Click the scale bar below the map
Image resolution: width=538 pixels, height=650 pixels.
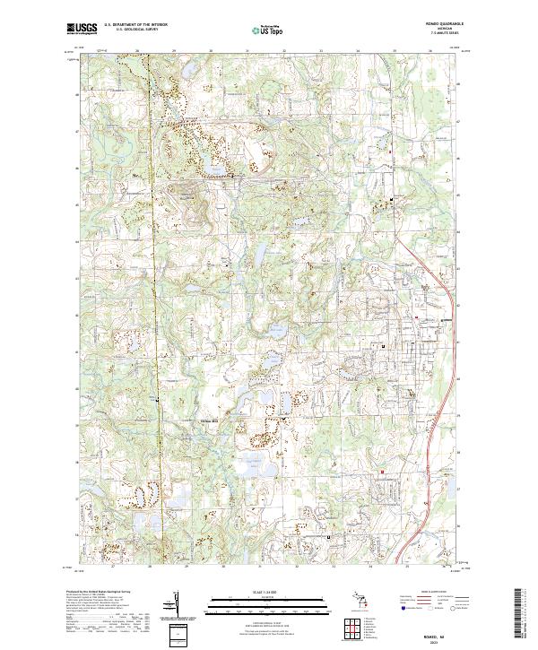click(x=264, y=605)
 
